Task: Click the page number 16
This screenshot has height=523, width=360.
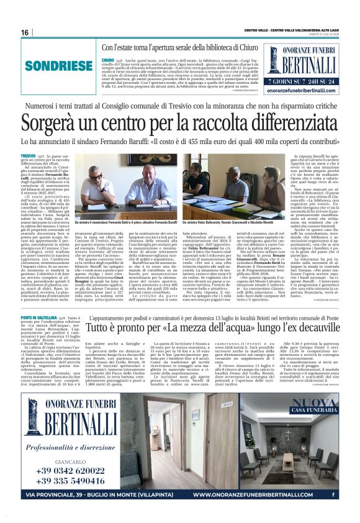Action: (25, 32)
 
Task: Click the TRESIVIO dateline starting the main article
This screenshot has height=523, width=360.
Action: (28, 155)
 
